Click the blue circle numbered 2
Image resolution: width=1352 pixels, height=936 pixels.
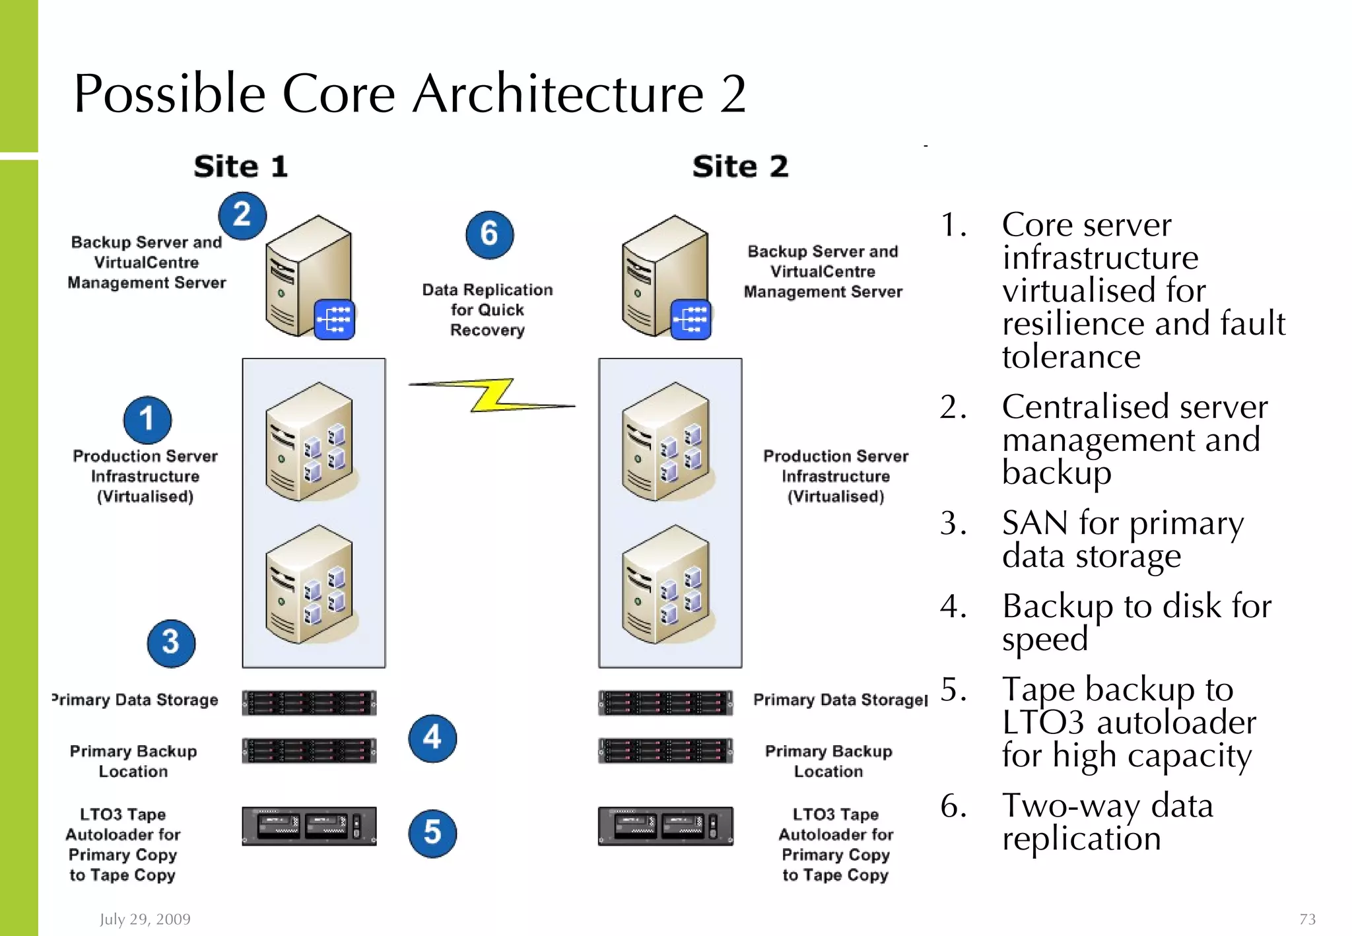point(242,215)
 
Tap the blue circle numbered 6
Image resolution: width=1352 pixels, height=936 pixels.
point(489,234)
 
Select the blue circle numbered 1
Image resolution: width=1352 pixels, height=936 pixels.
point(147,419)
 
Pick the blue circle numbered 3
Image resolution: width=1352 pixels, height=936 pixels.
point(171,642)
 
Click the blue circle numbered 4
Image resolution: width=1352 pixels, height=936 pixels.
point(432,738)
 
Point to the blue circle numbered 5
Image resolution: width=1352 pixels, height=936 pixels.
point(432,833)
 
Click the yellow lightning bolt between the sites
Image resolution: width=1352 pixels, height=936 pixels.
point(492,395)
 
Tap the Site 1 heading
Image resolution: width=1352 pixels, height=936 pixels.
point(241,166)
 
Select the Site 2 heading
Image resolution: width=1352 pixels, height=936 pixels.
point(740,166)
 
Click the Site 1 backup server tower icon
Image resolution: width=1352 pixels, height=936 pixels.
point(309,276)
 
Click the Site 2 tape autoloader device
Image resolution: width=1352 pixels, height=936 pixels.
point(665,826)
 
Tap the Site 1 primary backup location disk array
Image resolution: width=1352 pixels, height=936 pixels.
point(309,751)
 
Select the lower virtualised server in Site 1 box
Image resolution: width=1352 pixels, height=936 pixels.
point(309,585)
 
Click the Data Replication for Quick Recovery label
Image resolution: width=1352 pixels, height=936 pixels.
point(487,310)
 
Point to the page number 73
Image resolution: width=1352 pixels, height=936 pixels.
point(1307,919)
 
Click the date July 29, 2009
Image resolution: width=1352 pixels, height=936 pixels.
point(145,919)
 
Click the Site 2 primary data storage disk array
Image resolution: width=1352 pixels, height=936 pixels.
point(665,703)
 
